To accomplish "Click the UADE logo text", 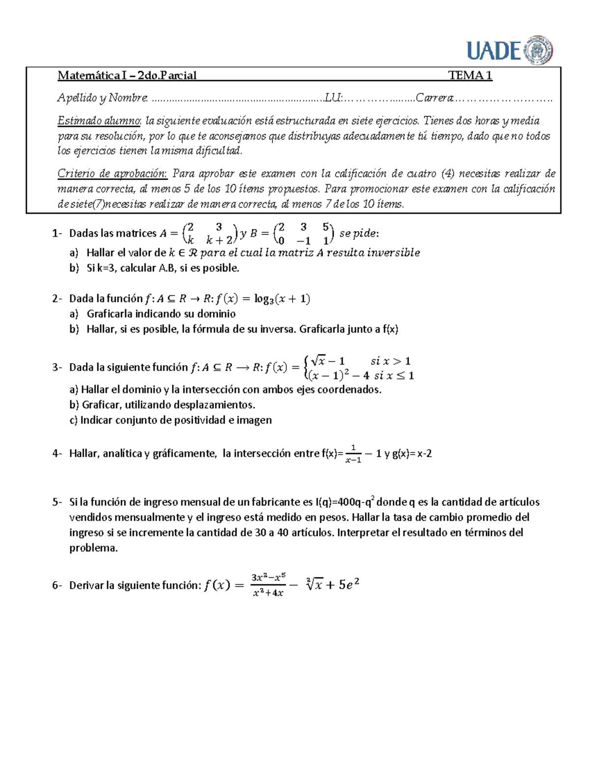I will pyautogui.click(x=494, y=50).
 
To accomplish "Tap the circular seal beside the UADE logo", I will pyautogui.click(x=539, y=50).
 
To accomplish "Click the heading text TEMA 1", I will pyautogui.click(x=470, y=75).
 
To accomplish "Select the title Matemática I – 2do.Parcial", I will pyautogui.click(x=127, y=75).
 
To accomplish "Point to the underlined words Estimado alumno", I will pyautogui.click(x=99, y=121).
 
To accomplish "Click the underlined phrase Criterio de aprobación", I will pyautogui.click(x=112, y=174).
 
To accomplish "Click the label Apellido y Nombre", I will pyautogui.click(x=102, y=98).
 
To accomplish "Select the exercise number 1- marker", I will pyautogui.click(x=57, y=233).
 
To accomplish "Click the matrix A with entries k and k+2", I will pyautogui.click(x=209, y=233).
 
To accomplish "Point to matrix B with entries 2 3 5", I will pyautogui.click(x=303, y=233).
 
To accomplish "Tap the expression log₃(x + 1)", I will pyautogui.click(x=282, y=299).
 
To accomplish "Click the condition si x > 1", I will pyautogui.click(x=390, y=361).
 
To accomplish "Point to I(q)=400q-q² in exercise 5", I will pyautogui.click(x=345, y=502).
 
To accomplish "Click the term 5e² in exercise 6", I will pyautogui.click(x=349, y=585).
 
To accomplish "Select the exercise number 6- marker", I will pyautogui.click(x=57, y=585).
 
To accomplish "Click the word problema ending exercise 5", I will pyautogui.click(x=93, y=548).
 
